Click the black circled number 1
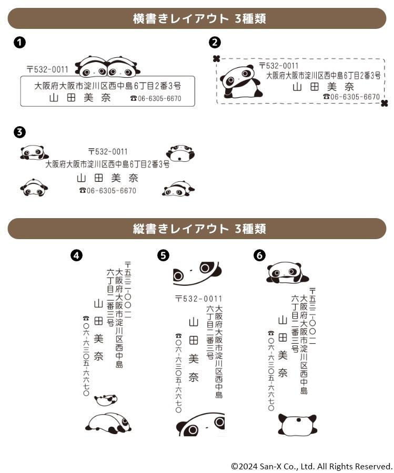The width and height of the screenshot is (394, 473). pos(19,42)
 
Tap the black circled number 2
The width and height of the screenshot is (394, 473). pos(215,42)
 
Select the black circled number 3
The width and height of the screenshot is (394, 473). pos(19,132)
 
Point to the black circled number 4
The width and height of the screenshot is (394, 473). pos(76,255)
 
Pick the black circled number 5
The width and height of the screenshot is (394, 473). pos(164,255)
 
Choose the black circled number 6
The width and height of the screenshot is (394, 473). pos(260,255)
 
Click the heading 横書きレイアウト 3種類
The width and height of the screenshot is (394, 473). pos(199,19)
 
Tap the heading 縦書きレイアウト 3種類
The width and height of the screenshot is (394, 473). pos(199,229)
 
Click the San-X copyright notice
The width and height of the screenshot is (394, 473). pos(311,466)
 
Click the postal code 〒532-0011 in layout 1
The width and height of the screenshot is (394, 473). pos(48,70)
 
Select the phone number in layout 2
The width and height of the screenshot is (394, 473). pos(351,97)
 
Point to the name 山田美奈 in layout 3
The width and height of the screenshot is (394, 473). pos(107,178)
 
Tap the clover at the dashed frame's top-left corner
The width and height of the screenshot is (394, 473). pos(216,58)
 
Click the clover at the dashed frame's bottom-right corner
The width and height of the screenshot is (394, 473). pos(384,104)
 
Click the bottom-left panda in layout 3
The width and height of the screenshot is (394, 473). pos(34,188)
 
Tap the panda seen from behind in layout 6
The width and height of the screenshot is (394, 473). pos(297,425)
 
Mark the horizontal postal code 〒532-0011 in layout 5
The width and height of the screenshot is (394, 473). pos(199,299)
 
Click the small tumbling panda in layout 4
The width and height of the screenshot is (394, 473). pos(106,400)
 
